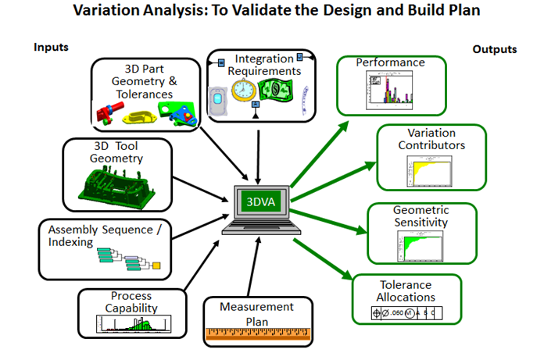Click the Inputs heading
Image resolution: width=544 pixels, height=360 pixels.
51,47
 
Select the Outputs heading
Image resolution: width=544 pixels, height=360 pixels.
495,49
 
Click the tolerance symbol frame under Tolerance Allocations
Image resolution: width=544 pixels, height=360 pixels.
406,313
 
